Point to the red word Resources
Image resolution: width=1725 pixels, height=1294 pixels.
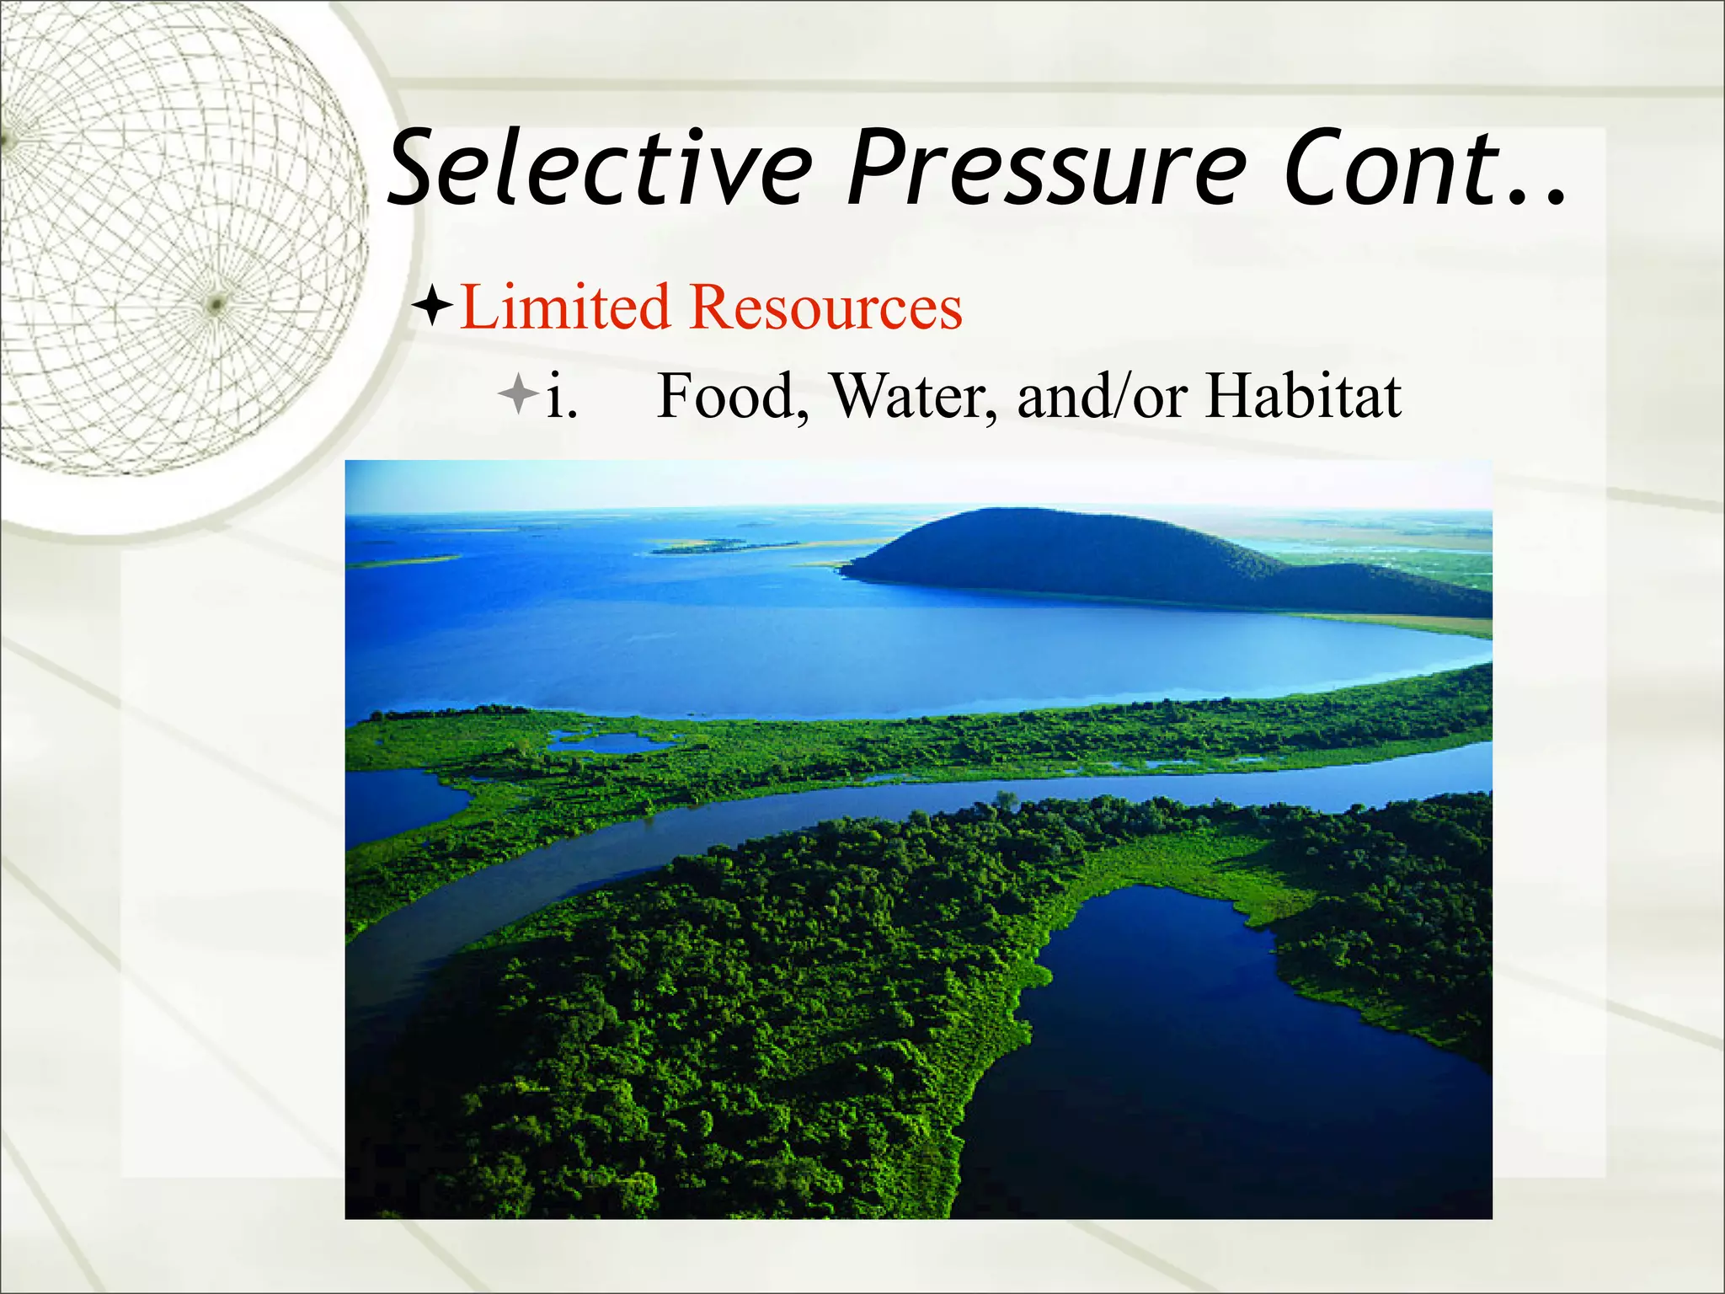coord(825,307)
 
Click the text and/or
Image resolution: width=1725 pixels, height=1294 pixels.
coord(1103,396)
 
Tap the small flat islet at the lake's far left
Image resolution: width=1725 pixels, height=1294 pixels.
coord(404,560)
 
